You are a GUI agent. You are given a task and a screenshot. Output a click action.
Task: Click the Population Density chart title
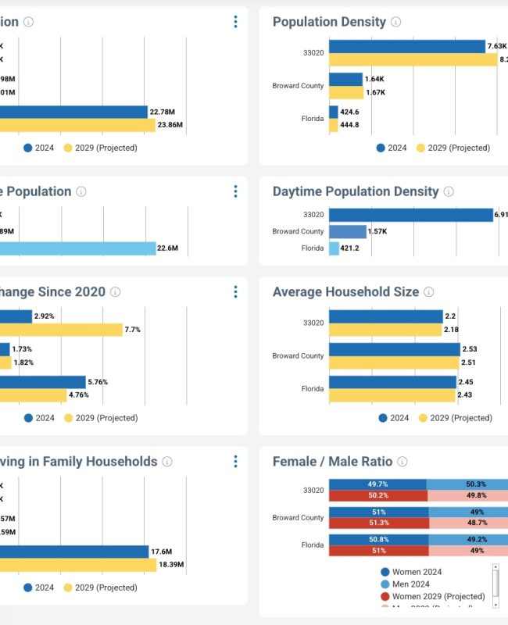(x=329, y=22)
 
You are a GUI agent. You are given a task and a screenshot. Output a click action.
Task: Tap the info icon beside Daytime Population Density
(x=449, y=191)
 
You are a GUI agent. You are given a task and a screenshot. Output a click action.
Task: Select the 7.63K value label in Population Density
(x=496, y=46)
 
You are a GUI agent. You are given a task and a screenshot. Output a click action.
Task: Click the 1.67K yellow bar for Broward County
(x=346, y=93)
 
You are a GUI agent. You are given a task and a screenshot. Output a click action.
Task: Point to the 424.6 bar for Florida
(x=334, y=112)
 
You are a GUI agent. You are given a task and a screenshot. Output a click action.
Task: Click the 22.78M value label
(x=162, y=112)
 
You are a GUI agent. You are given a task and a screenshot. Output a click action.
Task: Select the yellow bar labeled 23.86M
(x=78, y=125)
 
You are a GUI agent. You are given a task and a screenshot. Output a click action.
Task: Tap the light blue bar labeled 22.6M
(x=78, y=248)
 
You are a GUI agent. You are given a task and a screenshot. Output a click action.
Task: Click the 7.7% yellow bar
(x=63, y=330)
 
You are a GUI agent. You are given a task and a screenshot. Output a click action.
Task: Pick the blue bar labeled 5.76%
(x=43, y=382)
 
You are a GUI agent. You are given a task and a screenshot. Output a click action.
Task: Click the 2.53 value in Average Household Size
(x=470, y=349)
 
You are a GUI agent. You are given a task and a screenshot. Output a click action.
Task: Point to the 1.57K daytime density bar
(x=348, y=231)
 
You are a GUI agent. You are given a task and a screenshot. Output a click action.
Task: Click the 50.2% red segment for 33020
(x=378, y=495)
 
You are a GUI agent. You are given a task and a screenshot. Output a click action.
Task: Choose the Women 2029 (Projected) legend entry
(x=438, y=597)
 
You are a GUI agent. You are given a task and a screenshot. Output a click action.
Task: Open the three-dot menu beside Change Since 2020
(x=235, y=291)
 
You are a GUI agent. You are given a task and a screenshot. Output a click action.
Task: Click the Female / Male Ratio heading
(x=332, y=462)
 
